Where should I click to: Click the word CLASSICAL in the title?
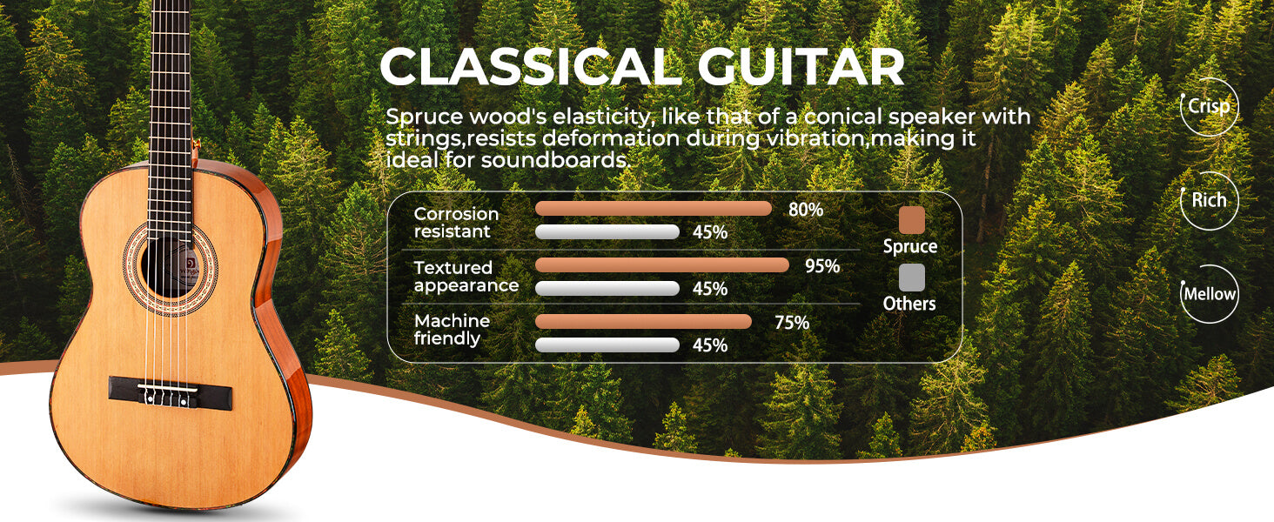pyautogui.click(x=531, y=66)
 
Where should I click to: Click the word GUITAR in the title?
pyautogui.click(x=801, y=66)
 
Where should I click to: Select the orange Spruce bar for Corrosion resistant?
pyautogui.click(x=653, y=209)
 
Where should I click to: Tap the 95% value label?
pyautogui.click(x=822, y=266)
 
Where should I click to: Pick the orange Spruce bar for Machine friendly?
pyautogui.click(x=643, y=321)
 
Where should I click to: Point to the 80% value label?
pyautogui.click(x=805, y=210)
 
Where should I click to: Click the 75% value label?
pyautogui.click(x=792, y=323)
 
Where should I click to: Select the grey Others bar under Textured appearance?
pyautogui.click(x=607, y=288)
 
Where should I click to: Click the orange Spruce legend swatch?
pyautogui.click(x=912, y=219)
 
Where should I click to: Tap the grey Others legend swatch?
pyautogui.click(x=912, y=278)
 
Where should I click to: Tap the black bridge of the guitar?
pyautogui.click(x=171, y=393)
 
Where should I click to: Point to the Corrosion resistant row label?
pyautogui.click(x=456, y=223)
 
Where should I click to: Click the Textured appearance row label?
pyautogui.click(x=466, y=277)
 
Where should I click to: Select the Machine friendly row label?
pyautogui.click(x=452, y=330)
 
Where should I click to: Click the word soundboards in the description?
pyautogui.click(x=554, y=160)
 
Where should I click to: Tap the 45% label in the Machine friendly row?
pyautogui.click(x=710, y=345)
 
